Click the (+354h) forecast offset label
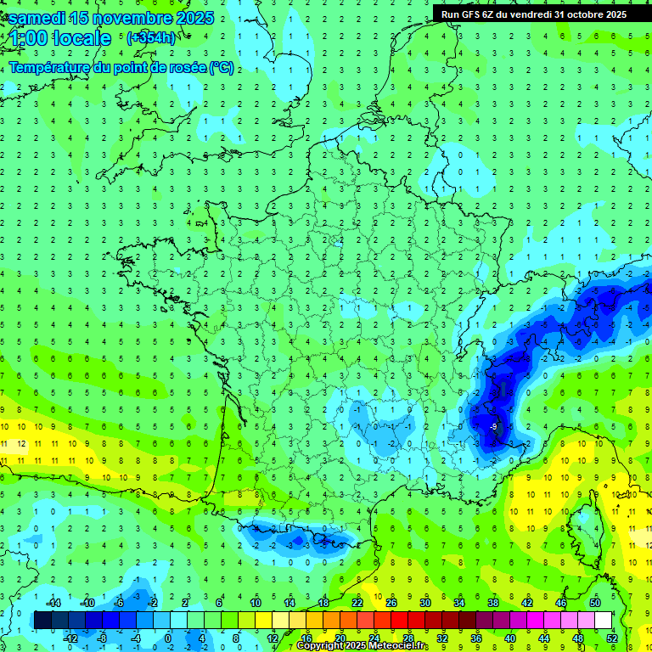coord(150,38)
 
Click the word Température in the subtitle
coord(50,67)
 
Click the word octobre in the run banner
coord(576,14)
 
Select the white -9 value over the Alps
coord(493,426)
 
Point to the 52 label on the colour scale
coord(612,638)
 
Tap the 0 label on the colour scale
coord(167,638)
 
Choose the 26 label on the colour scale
coord(391,602)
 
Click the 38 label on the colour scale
coord(493,602)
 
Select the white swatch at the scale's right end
coord(603,620)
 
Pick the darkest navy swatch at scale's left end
coord(42,620)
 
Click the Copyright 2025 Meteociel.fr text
coord(362,646)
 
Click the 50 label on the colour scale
coord(595,602)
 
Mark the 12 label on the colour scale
coord(273,638)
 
